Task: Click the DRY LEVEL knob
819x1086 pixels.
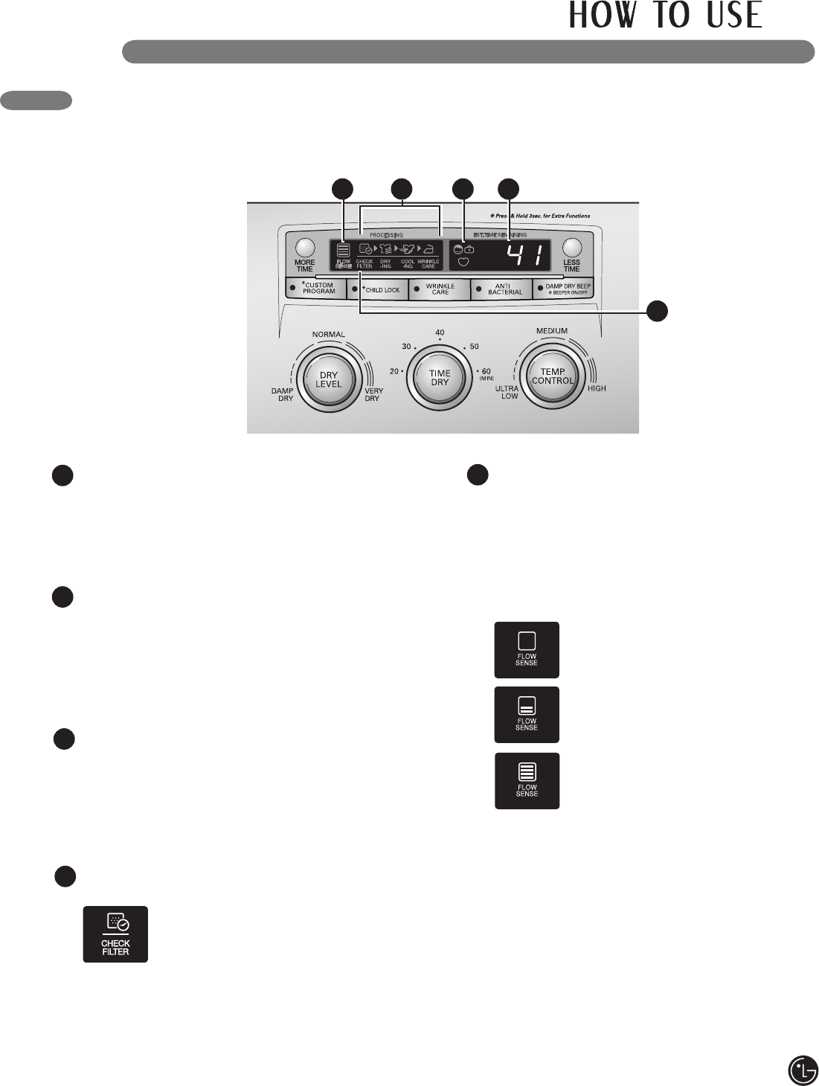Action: (329, 379)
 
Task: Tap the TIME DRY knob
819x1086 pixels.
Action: (440, 378)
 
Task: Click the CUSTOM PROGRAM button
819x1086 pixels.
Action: (315, 289)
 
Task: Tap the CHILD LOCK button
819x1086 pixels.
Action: (378, 289)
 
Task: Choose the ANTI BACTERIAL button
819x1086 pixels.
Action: (502, 289)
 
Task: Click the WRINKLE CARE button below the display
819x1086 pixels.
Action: (440, 289)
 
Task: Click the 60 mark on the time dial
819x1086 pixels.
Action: (486, 371)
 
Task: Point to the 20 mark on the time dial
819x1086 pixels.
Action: (394, 371)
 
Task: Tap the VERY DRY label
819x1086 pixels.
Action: (373, 394)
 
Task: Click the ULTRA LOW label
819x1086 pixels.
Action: (508, 392)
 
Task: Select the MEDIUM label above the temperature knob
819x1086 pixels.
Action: (552, 331)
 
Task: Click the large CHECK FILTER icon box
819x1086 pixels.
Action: (115, 934)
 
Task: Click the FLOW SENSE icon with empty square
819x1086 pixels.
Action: (527, 649)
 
